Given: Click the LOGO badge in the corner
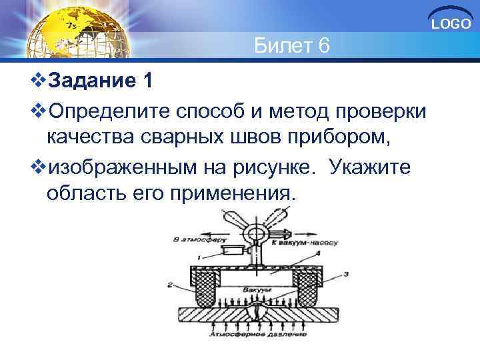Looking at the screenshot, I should click(x=451, y=24).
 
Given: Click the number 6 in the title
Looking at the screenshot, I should click(x=321, y=47).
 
